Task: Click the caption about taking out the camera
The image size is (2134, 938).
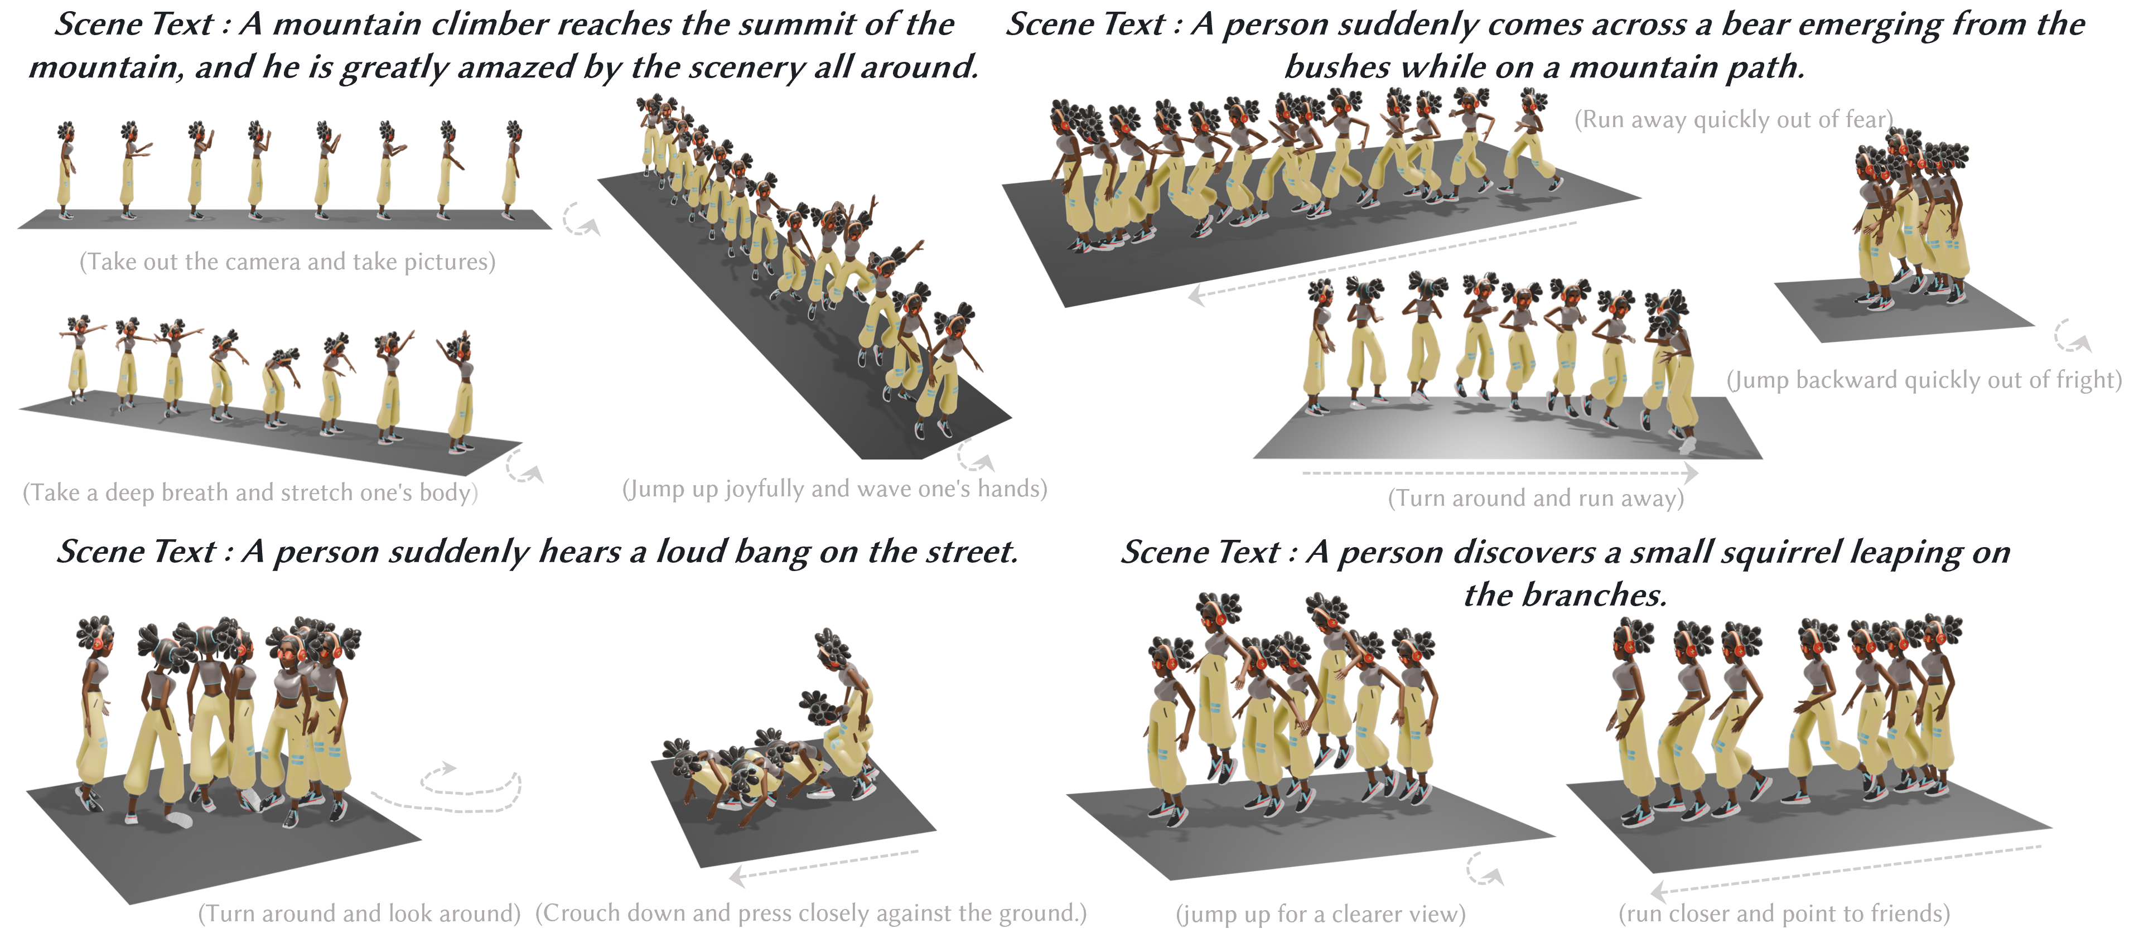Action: [287, 262]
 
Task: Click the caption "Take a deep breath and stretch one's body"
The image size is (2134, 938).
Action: [250, 493]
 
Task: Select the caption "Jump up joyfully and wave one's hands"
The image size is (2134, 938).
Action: [834, 489]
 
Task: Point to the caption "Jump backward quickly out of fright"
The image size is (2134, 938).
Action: [1924, 380]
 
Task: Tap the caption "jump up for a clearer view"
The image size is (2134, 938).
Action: [1320, 914]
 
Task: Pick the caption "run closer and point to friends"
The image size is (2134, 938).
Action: [1784, 914]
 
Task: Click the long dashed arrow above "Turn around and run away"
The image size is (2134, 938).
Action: [1499, 473]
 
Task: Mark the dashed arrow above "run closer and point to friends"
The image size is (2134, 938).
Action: [1846, 870]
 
